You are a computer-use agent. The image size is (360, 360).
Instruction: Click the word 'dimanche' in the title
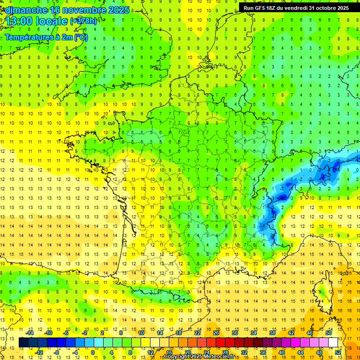(x=25, y=10)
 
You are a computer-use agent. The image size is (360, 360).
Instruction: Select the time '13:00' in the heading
(x=22, y=21)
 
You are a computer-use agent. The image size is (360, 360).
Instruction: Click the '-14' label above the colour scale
(x=30, y=333)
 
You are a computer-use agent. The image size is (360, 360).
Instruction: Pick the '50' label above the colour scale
(x=328, y=333)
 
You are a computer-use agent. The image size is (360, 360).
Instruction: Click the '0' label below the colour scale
(x=92, y=352)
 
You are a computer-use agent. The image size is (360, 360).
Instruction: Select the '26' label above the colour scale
(x=216, y=333)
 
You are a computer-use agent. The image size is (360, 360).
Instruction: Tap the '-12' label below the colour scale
(x=39, y=352)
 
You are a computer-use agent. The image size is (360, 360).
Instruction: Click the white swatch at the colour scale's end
(x=333, y=343)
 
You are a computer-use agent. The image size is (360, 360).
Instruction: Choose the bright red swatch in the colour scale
(x=221, y=343)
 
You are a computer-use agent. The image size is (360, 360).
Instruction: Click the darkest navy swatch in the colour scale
(x=23, y=343)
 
